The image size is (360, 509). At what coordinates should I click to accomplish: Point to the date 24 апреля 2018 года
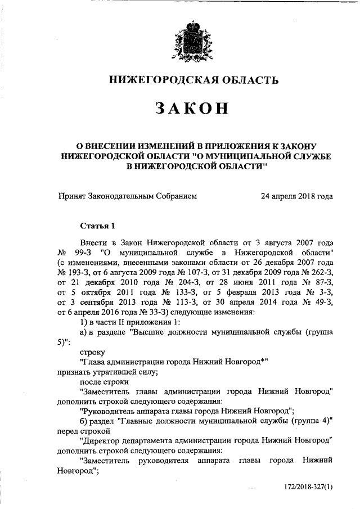pyautogui.click(x=296, y=196)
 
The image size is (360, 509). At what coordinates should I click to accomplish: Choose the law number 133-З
pyautogui.click(x=176, y=293)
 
